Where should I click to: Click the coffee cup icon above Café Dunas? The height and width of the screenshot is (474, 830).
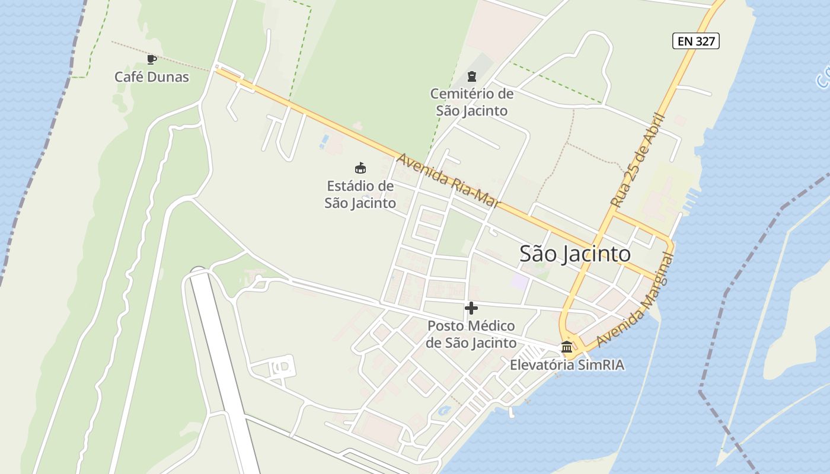(x=152, y=59)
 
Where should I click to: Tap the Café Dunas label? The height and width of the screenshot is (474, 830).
(x=152, y=77)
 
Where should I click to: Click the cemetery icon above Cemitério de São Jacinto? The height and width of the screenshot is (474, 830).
(x=471, y=76)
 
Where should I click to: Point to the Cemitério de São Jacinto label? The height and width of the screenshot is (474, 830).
(x=472, y=102)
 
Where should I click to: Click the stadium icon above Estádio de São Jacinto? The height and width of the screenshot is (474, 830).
(x=360, y=168)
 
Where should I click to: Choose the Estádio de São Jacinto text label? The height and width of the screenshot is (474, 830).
(x=360, y=194)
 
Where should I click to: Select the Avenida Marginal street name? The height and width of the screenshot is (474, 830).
(x=636, y=300)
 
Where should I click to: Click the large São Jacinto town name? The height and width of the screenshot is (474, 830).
(x=574, y=254)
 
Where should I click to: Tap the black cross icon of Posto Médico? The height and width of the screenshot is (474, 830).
(x=471, y=308)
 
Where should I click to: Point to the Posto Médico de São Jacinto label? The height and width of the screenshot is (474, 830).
(x=471, y=334)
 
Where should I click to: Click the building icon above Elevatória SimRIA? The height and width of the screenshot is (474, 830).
(x=567, y=347)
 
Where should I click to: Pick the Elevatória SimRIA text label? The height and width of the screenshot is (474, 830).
(x=567, y=365)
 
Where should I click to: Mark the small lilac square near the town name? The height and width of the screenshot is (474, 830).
(x=519, y=281)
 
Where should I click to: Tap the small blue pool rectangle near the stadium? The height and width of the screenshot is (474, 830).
(x=324, y=142)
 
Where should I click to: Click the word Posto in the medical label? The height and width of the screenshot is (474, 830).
(x=446, y=326)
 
